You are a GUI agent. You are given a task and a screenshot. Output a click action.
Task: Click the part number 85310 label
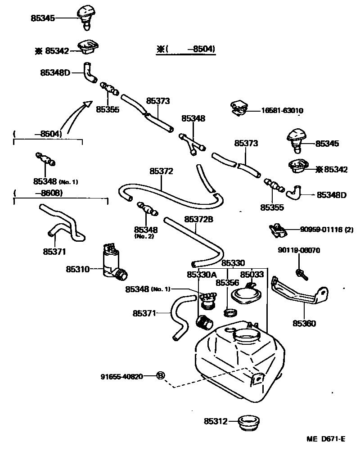[x=77, y=269]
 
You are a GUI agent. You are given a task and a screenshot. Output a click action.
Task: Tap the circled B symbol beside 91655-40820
[x=161, y=376]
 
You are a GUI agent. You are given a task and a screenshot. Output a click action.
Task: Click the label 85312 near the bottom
[x=215, y=421]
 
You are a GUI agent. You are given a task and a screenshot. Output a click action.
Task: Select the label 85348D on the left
[x=55, y=72]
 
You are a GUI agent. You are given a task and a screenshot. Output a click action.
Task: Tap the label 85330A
[x=202, y=274]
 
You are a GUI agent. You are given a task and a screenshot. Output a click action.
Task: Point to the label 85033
[x=252, y=274]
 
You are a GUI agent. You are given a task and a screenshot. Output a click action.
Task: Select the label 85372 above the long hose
[x=161, y=171]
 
